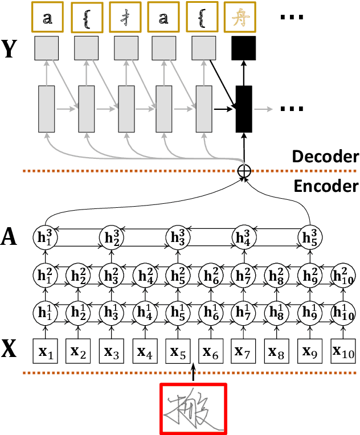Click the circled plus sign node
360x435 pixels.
point(244,170)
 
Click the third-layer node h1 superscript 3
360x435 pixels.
point(46,237)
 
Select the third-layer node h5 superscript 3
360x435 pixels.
point(310,237)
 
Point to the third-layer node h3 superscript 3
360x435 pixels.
point(178,237)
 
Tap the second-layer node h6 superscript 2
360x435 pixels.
point(211,277)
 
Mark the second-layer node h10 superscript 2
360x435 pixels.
point(343,277)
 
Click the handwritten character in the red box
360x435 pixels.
point(193,409)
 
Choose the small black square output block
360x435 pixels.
point(244,48)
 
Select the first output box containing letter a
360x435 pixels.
point(47,19)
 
